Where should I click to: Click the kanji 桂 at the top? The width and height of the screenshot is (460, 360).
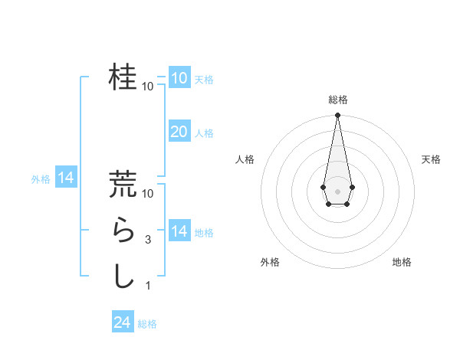[x=123, y=77]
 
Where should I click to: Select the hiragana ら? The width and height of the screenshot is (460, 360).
[x=123, y=230]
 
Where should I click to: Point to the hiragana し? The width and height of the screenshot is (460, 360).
[x=123, y=275]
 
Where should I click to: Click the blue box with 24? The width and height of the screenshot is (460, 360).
[x=123, y=322]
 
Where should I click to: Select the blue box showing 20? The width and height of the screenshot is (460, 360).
[x=179, y=132]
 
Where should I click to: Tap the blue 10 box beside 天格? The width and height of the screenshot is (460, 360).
[x=179, y=78]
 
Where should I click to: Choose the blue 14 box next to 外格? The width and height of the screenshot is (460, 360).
[x=66, y=178]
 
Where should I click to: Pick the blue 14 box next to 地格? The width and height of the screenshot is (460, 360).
[x=179, y=231]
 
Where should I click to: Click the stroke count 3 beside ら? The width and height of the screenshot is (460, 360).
[x=148, y=239]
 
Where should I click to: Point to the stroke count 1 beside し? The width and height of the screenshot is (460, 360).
[x=148, y=285]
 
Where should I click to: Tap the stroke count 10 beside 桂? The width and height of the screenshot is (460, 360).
[x=148, y=86]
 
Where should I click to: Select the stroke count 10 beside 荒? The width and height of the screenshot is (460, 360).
[x=148, y=194]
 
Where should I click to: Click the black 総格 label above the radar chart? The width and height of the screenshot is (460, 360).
[x=337, y=100]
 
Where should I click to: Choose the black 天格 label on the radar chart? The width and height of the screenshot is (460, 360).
[x=431, y=159]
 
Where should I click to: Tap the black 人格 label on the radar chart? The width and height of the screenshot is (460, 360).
[x=245, y=159]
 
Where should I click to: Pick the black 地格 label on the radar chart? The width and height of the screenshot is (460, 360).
[x=402, y=262]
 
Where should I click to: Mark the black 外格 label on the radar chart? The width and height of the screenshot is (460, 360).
[x=270, y=262]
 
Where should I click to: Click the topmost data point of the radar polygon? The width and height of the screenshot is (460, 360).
[x=337, y=116]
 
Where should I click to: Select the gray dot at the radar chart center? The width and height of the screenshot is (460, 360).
[x=337, y=190]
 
